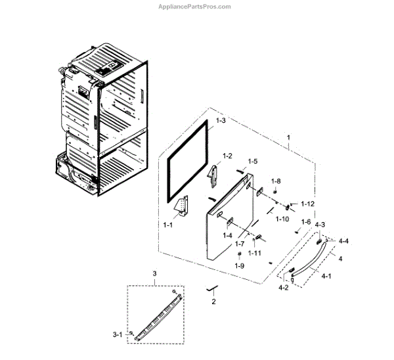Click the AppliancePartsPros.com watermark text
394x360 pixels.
196,7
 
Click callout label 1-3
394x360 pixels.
221,122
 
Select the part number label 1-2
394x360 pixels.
227,156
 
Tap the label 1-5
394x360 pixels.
252,162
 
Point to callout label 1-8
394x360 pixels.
276,181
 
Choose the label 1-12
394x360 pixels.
307,204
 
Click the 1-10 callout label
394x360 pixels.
282,219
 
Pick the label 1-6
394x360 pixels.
305,222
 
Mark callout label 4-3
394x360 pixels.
320,225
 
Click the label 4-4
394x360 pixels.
343,241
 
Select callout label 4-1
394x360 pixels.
326,277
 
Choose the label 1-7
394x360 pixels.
240,244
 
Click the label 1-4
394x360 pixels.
227,235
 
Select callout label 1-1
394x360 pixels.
167,225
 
